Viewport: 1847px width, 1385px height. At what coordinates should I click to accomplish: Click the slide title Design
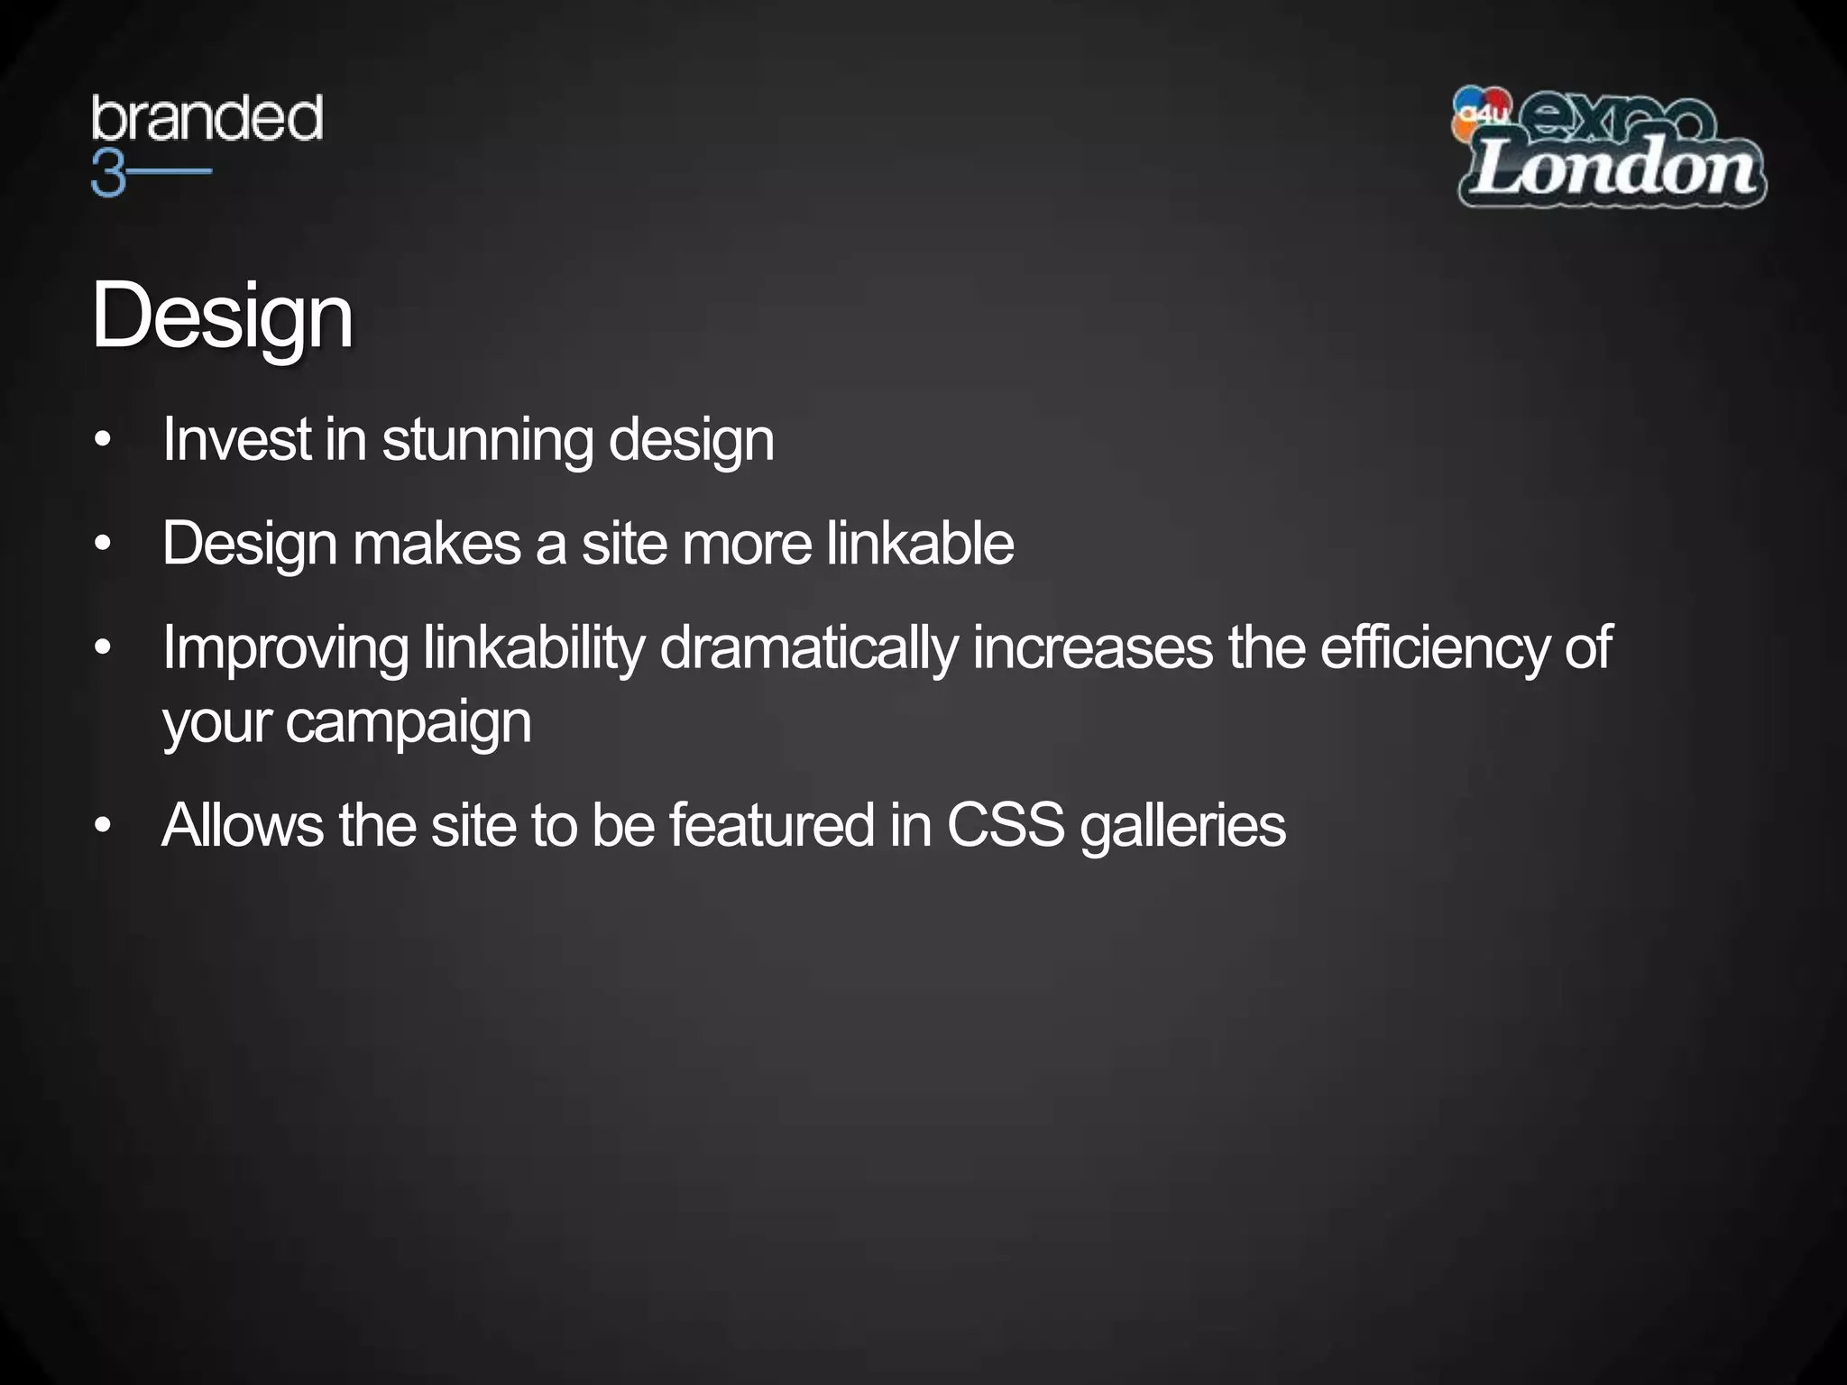[222, 316]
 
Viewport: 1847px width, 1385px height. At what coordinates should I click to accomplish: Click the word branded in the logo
[207, 119]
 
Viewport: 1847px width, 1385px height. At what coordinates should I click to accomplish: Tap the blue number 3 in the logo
[107, 172]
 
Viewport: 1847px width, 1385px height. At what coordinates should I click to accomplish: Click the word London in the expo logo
[1613, 169]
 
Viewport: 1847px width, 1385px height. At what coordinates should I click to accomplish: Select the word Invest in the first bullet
[237, 439]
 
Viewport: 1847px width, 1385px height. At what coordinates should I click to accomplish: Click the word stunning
[487, 441]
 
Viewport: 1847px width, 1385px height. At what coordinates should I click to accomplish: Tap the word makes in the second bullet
[436, 544]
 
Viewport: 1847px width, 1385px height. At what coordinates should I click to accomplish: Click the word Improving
[285, 649]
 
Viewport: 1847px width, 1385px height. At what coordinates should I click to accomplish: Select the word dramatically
[808, 649]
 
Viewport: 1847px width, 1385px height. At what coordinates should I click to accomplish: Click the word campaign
[409, 723]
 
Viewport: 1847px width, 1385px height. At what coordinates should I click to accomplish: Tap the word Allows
[243, 825]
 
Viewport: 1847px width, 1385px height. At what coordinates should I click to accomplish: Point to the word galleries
[1182, 827]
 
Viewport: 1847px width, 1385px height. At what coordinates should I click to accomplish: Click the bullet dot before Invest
[103, 441]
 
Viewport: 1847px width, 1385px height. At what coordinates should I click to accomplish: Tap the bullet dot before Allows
[103, 826]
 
